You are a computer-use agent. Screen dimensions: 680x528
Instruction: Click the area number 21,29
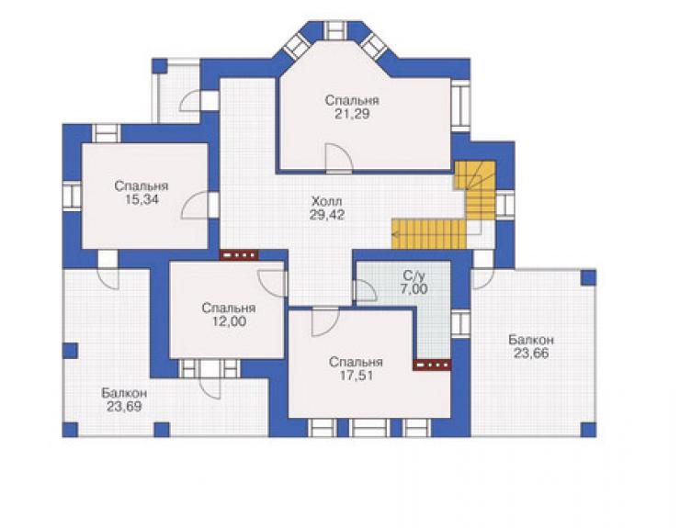click(352, 114)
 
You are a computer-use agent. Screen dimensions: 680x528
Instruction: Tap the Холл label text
click(326, 201)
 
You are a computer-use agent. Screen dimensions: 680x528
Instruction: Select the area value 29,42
click(326, 215)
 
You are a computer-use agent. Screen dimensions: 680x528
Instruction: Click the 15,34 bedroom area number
click(141, 200)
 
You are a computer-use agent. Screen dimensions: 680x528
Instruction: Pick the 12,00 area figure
click(229, 321)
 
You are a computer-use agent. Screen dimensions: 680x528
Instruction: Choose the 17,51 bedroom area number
click(356, 376)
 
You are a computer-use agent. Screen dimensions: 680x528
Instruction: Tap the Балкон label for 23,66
click(531, 340)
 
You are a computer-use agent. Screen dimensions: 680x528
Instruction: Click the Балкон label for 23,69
click(124, 393)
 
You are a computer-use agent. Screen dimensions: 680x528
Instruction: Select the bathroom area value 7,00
click(414, 288)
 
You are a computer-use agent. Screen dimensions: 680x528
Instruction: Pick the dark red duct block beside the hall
click(239, 255)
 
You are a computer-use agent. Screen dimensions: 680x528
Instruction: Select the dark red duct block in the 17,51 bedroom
click(432, 365)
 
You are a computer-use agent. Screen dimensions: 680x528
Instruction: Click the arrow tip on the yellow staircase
click(393, 234)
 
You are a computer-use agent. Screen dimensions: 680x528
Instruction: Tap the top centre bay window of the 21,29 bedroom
click(334, 30)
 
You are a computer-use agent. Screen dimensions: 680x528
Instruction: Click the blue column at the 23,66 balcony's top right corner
click(588, 278)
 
